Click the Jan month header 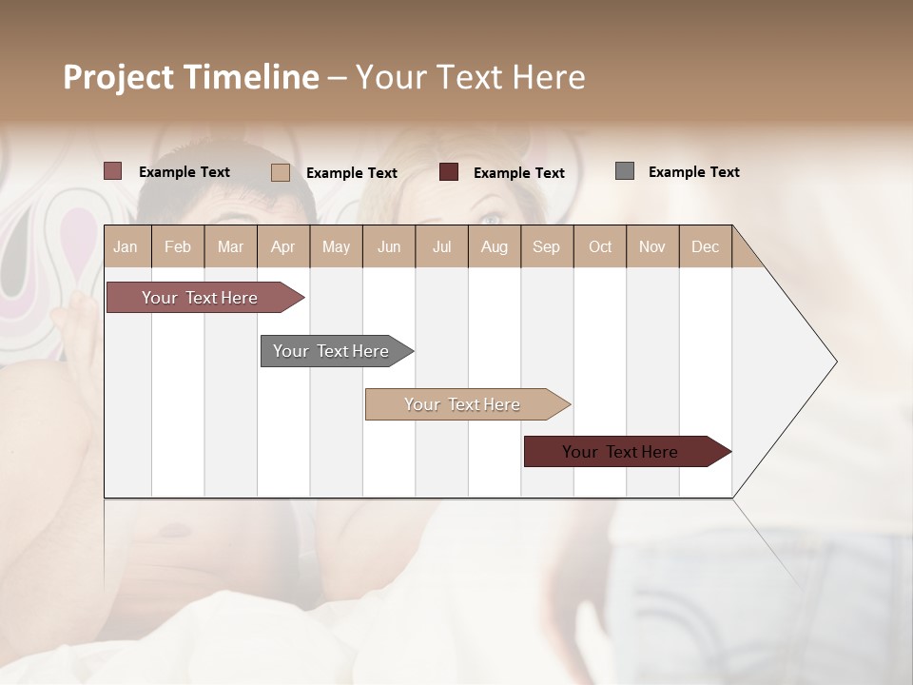[x=126, y=246]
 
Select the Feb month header [x=178, y=246]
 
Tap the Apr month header [x=282, y=246]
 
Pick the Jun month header [x=389, y=246]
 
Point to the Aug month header [x=494, y=246]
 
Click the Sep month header [x=546, y=246]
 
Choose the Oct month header [x=600, y=246]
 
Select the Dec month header [x=705, y=246]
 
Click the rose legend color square [x=113, y=171]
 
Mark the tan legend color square [x=281, y=172]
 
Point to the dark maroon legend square [x=449, y=172]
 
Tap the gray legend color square [x=625, y=171]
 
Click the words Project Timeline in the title [x=191, y=77]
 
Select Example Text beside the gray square [x=693, y=172]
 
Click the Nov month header [x=651, y=246]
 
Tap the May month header [x=336, y=246]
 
